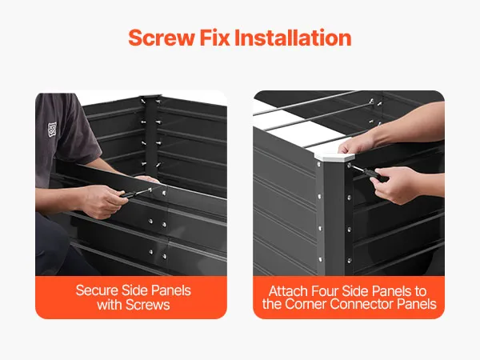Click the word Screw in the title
click(x=162, y=38)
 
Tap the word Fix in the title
click(x=214, y=38)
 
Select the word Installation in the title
click(x=293, y=38)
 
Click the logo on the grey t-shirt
click(x=52, y=130)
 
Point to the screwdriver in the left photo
click(x=135, y=193)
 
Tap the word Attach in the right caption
click(x=288, y=291)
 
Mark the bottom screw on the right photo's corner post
click(x=349, y=261)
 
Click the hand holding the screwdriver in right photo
click(x=394, y=185)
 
